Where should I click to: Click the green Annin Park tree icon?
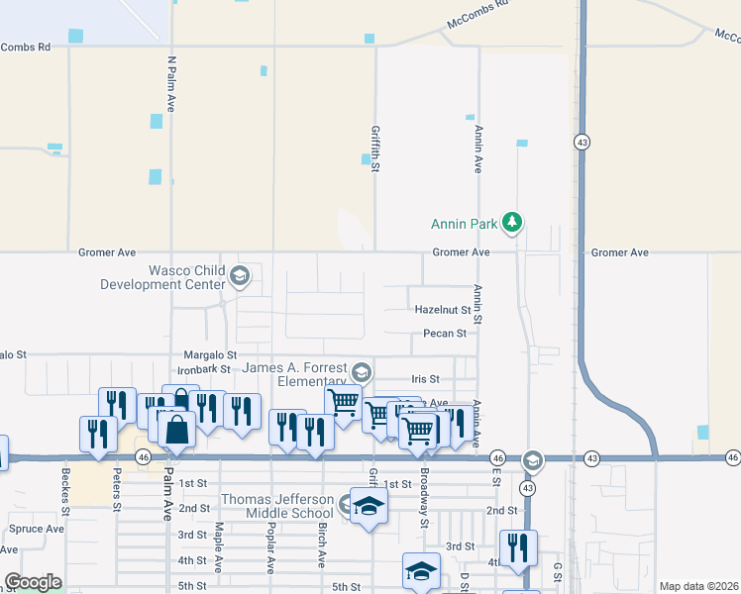coord(512,222)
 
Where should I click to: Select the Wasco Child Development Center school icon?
coord(238,277)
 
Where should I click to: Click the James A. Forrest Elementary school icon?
coord(361,372)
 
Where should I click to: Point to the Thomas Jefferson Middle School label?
coord(277,506)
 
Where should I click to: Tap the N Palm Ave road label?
coord(170,83)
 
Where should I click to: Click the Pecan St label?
coord(445,334)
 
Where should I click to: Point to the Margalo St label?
coord(211,354)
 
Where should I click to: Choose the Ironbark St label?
coord(205,369)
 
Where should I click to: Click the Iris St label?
coord(425,379)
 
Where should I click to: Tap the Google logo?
coord(33,582)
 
